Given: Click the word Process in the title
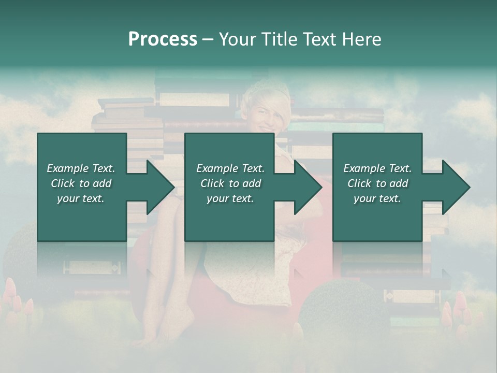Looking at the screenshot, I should (x=163, y=39).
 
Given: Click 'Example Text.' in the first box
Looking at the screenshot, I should (x=81, y=168).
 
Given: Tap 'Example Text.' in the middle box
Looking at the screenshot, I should (x=230, y=168).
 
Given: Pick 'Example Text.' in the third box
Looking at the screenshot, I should (x=377, y=168).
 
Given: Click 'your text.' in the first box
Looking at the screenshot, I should (x=81, y=198).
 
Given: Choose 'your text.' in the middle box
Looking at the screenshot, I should (x=230, y=198).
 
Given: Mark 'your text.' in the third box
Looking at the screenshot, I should (x=377, y=198).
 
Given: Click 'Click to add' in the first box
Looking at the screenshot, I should (x=81, y=183).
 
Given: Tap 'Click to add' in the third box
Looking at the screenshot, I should (x=377, y=183).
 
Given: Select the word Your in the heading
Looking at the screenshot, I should (x=236, y=39).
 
